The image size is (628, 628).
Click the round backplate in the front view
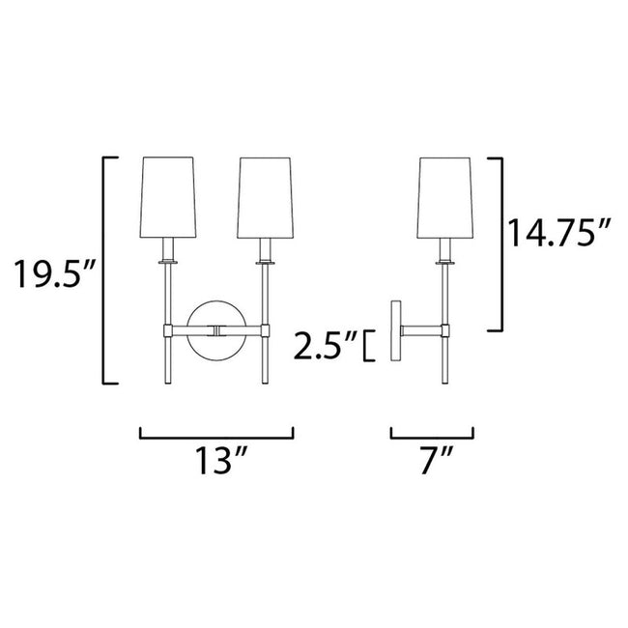(x=214, y=331)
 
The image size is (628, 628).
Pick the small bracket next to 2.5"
(x=368, y=344)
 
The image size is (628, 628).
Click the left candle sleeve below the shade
(x=169, y=247)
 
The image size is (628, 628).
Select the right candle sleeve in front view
(x=262, y=247)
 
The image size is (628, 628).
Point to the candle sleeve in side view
(x=445, y=247)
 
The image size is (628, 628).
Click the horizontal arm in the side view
(x=422, y=331)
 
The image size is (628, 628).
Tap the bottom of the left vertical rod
(x=169, y=379)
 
